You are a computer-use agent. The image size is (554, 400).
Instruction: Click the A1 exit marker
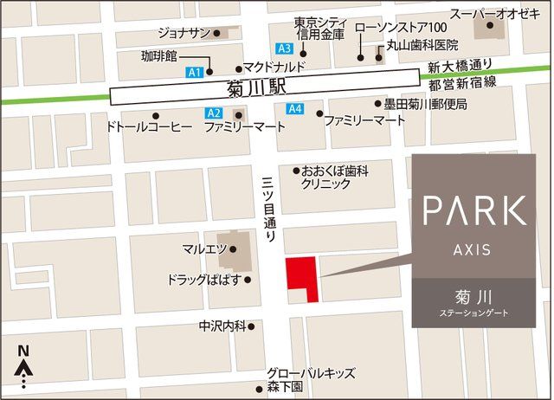pos(194,71)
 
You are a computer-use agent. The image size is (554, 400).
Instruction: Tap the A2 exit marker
pos(214,113)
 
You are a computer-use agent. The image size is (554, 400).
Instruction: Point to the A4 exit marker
pos(294,109)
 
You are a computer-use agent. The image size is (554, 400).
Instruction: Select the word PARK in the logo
pos(473,210)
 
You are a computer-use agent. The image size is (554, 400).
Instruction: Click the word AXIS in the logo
pos(473,249)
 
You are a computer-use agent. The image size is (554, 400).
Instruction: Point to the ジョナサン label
pos(184,33)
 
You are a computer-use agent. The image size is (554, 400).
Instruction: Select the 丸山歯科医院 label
pos(425,43)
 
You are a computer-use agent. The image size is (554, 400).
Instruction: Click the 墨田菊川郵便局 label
pos(425,104)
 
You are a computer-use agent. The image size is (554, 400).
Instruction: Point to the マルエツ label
pos(204,249)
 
